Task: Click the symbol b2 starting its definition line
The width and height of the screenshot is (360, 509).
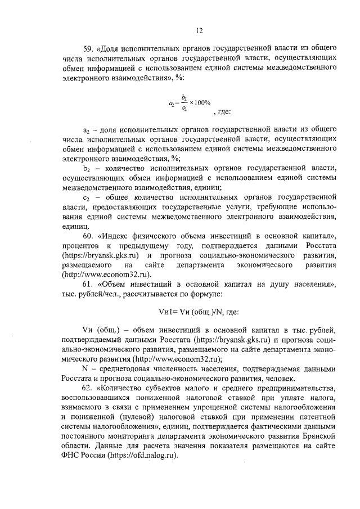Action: coord(87,169)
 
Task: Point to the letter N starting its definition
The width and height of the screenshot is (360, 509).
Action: coord(85,368)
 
